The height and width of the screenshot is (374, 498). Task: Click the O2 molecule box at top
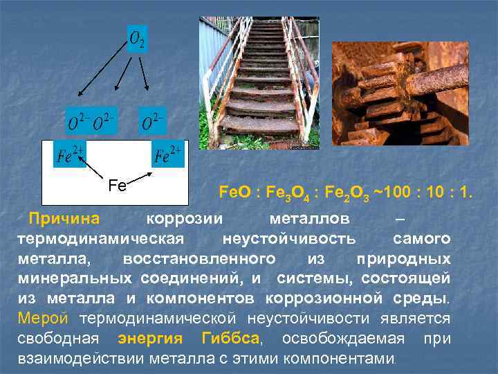138,39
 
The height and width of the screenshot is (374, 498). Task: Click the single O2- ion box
154,121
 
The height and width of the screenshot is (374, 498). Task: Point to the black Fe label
118,186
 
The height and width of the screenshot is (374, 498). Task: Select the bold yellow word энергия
150,339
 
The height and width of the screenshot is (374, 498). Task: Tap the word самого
422,239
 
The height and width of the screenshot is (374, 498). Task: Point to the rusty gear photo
400,93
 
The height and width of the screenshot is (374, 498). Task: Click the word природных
403,259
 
